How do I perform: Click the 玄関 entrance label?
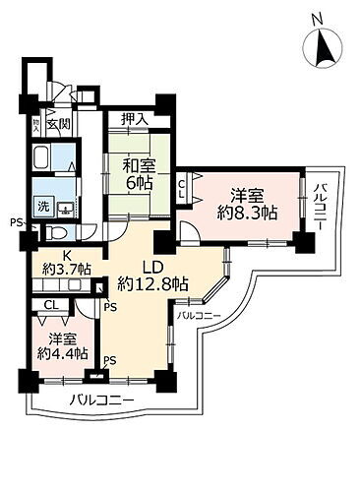[58, 125]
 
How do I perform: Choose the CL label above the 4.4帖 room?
[49, 306]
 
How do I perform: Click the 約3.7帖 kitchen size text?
[64, 268]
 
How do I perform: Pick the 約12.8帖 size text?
[151, 285]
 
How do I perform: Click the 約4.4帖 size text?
[61, 352]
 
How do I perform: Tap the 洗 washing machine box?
[43, 207]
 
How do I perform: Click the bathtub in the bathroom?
[43, 158]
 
